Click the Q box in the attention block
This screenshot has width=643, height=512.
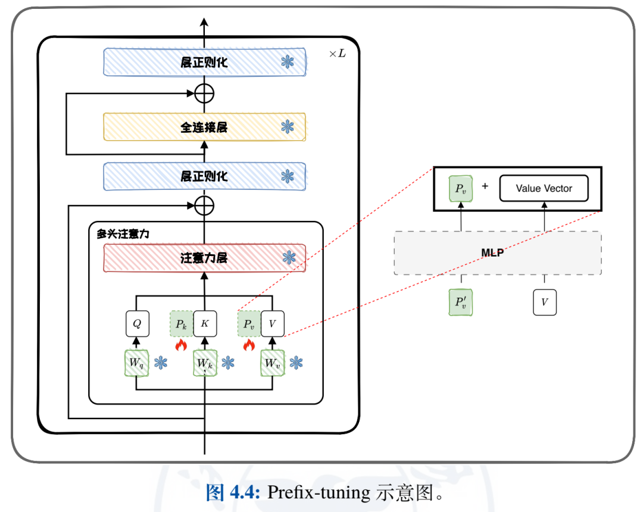137,324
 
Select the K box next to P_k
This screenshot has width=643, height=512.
205,324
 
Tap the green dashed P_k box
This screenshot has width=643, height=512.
182,324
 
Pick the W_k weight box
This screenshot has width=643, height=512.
204,363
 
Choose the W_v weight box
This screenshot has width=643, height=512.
272,363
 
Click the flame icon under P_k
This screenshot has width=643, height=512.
182,344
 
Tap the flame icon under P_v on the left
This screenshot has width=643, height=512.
249,344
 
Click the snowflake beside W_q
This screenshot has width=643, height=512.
161,362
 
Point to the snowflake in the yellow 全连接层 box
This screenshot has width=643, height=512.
288,126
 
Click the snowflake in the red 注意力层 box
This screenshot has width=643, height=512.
289,257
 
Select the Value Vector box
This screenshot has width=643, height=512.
544,188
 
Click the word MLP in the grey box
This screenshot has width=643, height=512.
493,253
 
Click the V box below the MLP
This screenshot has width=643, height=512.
544,302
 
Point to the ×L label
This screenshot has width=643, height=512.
337,54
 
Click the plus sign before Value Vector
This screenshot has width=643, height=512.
485,186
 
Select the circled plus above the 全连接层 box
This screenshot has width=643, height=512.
204,93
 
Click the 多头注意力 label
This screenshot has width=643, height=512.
123,233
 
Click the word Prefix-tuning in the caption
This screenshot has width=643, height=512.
318,492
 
